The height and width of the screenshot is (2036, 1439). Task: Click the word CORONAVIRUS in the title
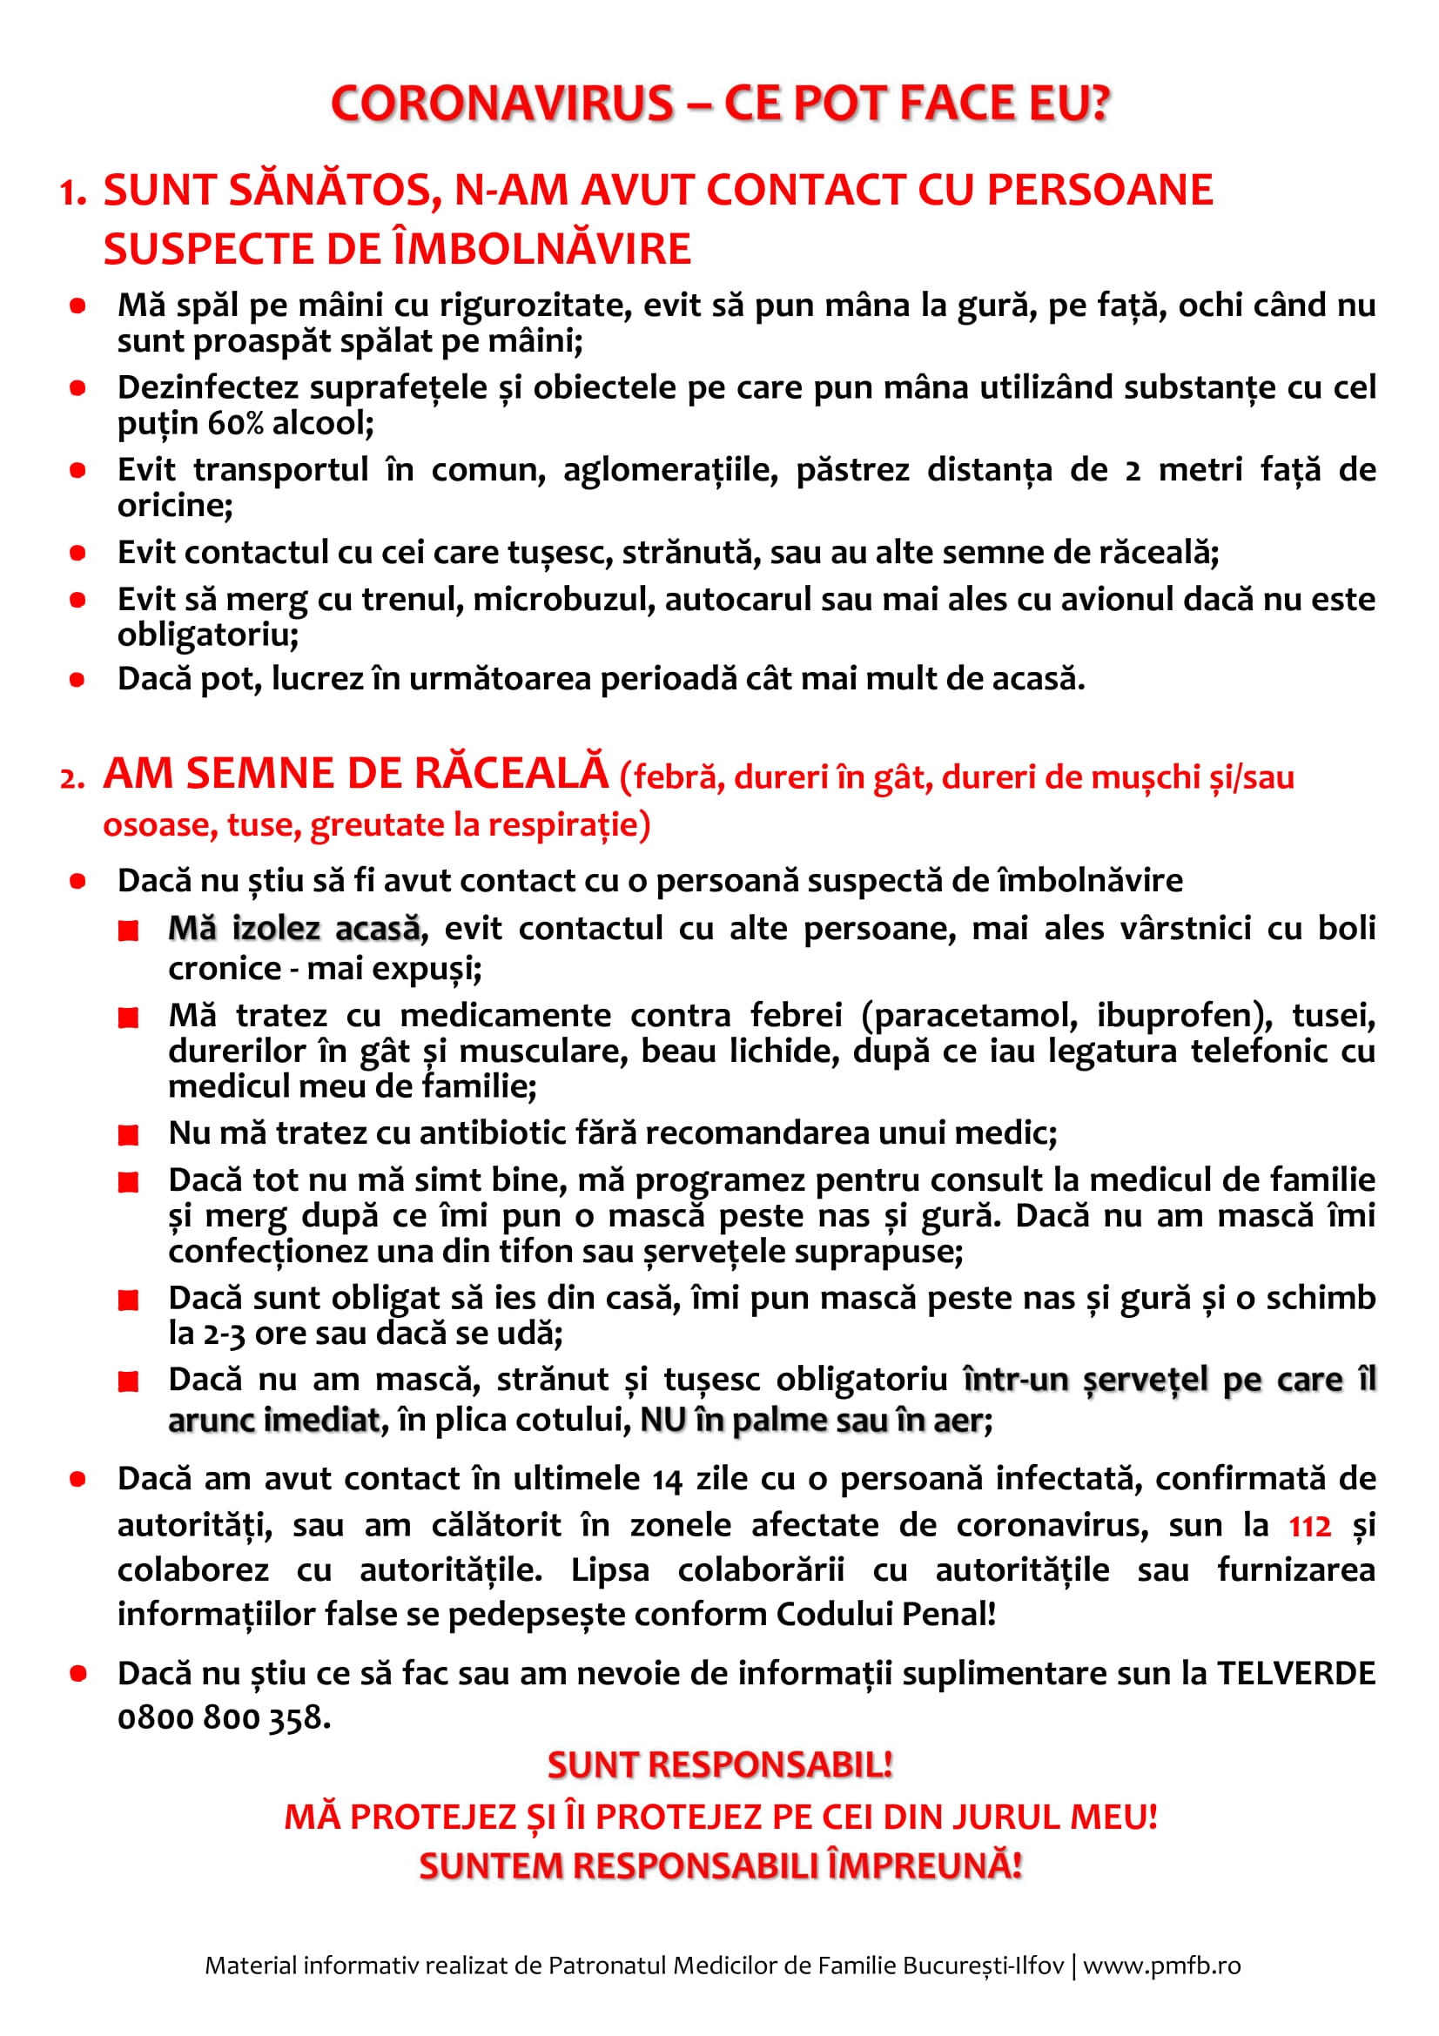(501, 104)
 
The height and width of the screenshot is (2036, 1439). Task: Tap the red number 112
(1309, 1526)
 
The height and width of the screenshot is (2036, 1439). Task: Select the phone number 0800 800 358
(224, 1717)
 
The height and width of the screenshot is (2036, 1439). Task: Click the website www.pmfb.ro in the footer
(1161, 1966)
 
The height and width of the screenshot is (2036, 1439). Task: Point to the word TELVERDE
(1295, 1673)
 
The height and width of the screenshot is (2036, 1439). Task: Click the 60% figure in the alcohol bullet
(236, 424)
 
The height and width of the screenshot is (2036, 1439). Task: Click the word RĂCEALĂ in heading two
(511, 773)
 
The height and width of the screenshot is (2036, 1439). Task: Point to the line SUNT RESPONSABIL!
(719, 1764)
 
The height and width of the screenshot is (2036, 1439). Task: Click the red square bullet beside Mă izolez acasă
(129, 931)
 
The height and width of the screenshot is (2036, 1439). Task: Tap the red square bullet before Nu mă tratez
(129, 1134)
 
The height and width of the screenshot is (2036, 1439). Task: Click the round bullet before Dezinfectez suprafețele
(78, 388)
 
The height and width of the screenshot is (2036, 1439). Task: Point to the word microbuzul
(563, 600)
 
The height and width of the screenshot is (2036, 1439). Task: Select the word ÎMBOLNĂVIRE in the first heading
(541, 249)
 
